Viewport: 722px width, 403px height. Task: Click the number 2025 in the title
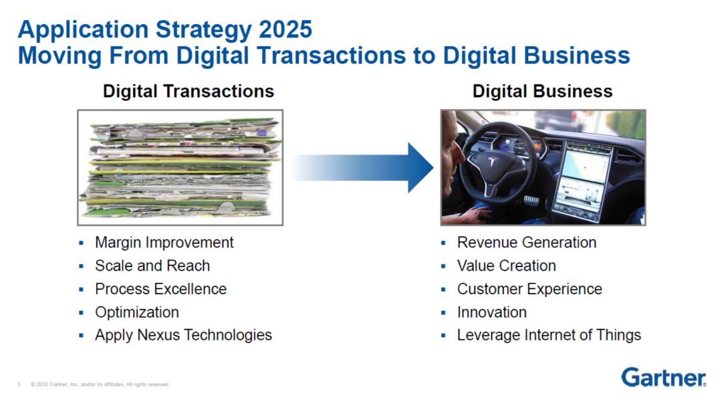pos(285,29)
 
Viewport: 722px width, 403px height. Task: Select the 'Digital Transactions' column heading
pos(189,91)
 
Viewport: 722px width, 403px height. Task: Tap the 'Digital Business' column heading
pos(542,91)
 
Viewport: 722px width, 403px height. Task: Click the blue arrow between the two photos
pos(363,168)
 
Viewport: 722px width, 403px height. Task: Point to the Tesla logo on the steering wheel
pos(492,162)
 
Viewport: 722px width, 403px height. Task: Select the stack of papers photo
pos(180,168)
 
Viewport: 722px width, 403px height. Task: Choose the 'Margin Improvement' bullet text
pos(164,243)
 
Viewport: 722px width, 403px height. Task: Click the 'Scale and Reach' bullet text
pos(152,266)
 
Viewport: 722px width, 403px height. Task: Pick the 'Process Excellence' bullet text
pos(160,289)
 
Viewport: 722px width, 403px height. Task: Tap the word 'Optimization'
pos(137,312)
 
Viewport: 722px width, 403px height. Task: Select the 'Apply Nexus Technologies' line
pos(183,335)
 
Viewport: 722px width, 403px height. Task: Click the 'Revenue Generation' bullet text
pos(527,242)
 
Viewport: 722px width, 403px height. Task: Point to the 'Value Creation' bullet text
pos(507,266)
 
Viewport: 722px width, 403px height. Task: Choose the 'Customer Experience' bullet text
pos(529,289)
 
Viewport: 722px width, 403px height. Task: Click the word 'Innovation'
pos(492,312)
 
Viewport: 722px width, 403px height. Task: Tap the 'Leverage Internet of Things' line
pos(549,335)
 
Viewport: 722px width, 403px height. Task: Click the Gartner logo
pos(664,377)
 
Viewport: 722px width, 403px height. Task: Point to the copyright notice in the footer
pos(100,384)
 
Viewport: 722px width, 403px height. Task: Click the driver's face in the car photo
pos(451,148)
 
